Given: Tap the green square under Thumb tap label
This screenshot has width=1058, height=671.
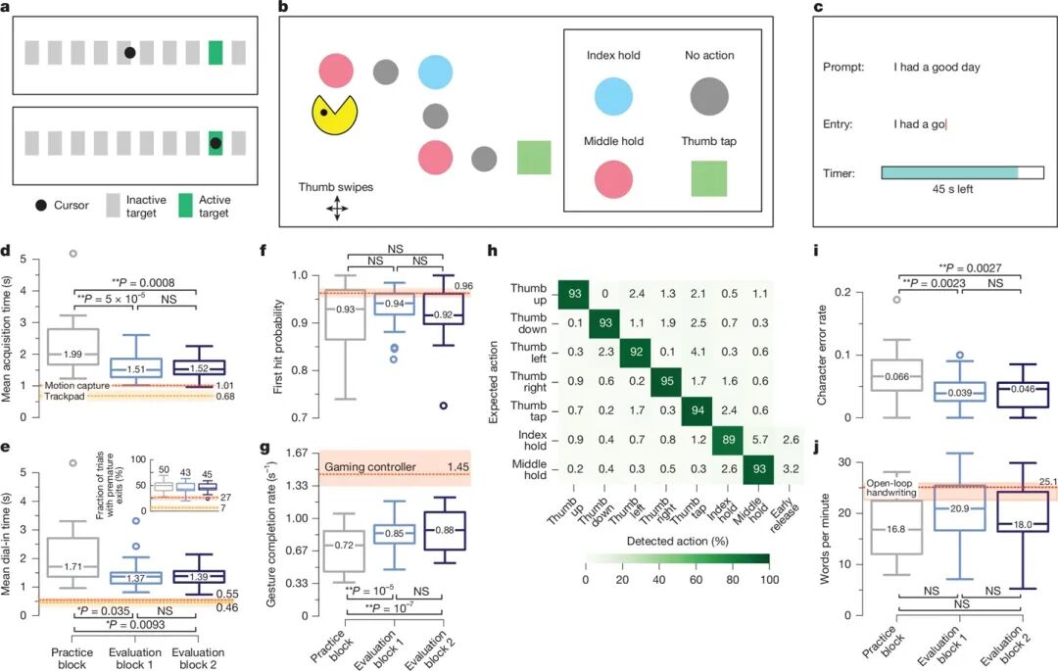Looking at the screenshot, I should (x=706, y=179).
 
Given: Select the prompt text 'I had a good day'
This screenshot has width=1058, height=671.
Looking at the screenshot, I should (x=936, y=68).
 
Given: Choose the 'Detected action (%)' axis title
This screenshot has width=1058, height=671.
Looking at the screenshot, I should (x=675, y=541).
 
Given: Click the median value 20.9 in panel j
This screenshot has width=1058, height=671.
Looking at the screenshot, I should (x=959, y=509).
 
